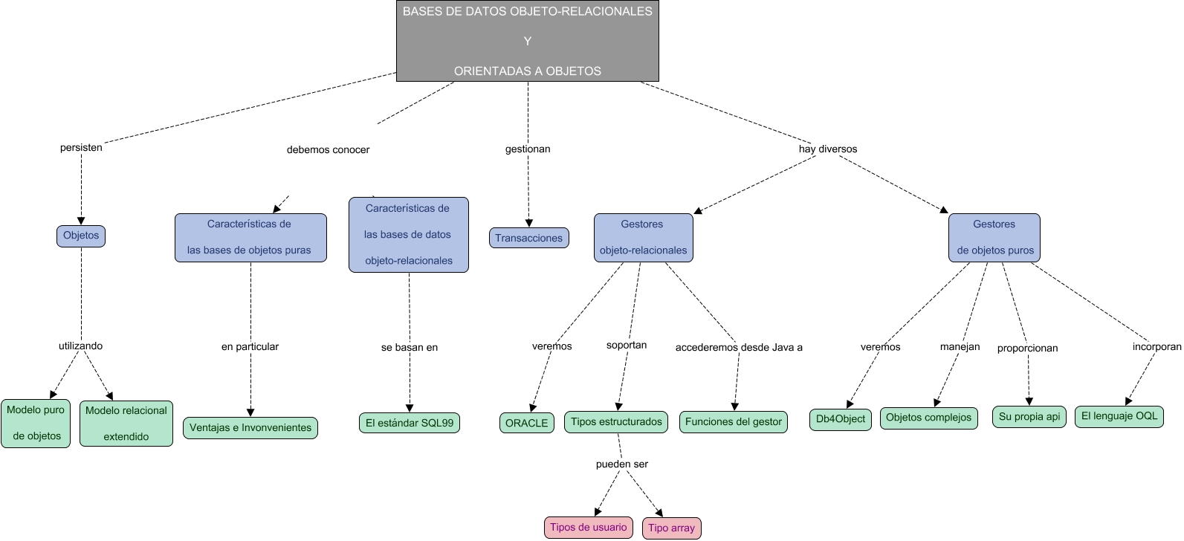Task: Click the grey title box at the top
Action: tap(528, 41)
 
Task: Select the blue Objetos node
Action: tap(81, 236)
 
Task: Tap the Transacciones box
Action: tap(529, 238)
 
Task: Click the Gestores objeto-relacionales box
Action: tap(643, 238)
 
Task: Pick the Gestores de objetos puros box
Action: tap(994, 238)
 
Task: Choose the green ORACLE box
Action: tap(526, 423)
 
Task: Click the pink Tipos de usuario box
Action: tap(588, 528)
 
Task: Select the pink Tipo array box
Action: tap(671, 528)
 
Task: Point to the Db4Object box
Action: tap(840, 419)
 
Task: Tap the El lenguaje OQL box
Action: tap(1119, 416)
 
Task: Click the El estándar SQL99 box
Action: tap(409, 423)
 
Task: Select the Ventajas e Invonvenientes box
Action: tap(250, 428)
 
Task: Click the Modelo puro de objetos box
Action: tap(36, 423)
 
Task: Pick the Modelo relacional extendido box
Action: tap(126, 424)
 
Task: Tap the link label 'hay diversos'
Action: tap(827, 149)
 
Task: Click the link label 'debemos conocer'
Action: tap(328, 149)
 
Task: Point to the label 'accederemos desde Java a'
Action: tap(739, 347)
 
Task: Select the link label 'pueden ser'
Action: tap(622, 464)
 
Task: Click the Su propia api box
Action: tap(1029, 417)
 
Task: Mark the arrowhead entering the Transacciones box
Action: tap(529, 223)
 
